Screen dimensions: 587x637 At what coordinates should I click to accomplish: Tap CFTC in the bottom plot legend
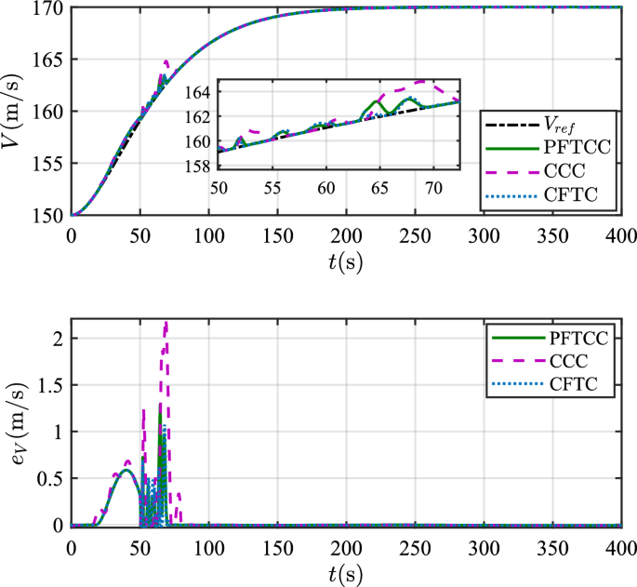564,384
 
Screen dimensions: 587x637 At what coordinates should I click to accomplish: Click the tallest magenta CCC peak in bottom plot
166,324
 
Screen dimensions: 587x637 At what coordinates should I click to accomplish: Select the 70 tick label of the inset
432,187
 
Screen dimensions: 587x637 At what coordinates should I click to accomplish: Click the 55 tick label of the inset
272,187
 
